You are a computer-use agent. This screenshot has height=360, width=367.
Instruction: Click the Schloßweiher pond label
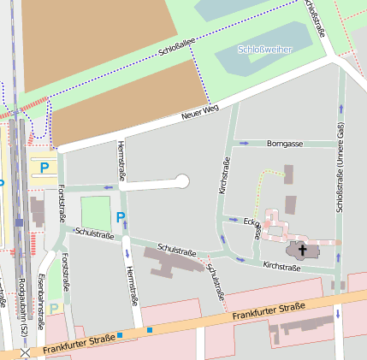[x=264, y=50]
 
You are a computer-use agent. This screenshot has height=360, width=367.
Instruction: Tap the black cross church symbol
[x=302, y=251]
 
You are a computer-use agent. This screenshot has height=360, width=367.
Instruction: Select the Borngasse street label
[x=285, y=144]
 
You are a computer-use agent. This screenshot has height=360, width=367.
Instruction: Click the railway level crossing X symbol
[x=25, y=352]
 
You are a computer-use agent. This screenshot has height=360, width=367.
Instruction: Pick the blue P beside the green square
[x=121, y=217]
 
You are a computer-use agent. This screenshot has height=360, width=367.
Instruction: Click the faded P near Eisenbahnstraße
[x=55, y=308]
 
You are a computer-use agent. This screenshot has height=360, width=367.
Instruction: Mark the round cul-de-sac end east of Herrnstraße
[x=181, y=180]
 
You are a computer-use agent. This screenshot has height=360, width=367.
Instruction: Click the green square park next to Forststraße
[x=96, y=212]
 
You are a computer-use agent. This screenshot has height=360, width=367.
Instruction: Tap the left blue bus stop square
[x=121, y=335]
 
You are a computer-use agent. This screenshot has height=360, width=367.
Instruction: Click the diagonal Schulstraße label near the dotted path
[x=216, y=277]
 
